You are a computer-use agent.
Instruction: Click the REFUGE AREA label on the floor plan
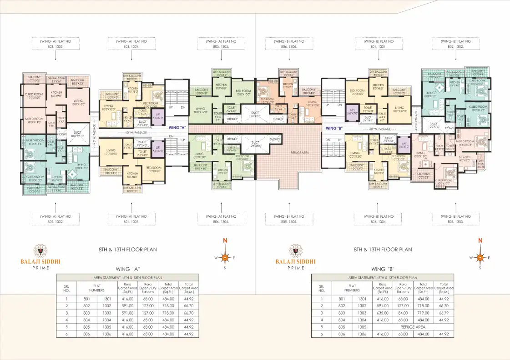pyautogui.click(x=299, y=153)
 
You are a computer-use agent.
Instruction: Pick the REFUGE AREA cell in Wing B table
pyautogui.click(x=413, y=327)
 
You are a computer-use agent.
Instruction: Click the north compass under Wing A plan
pyautogui.click(x=224, y=257)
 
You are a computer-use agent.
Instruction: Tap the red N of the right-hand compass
pyautogui.click(x=480, y=241)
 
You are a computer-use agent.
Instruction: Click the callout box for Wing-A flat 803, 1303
pyautogui.click(x=56, y=44)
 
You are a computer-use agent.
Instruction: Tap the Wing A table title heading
pyautogui.click(x=127, y=269)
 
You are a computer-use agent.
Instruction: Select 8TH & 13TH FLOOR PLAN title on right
pyautogui.click(x=383, y=250)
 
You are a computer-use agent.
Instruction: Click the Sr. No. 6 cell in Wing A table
pyautogui.click(x=66, y=334)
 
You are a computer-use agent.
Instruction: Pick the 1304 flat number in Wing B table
pyautogui.click(x=362, y=320)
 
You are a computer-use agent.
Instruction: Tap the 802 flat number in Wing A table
pyautogui.click(x=87, y=306)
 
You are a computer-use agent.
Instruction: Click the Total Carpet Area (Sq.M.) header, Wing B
pyautogui.click(x=444, y=288)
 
